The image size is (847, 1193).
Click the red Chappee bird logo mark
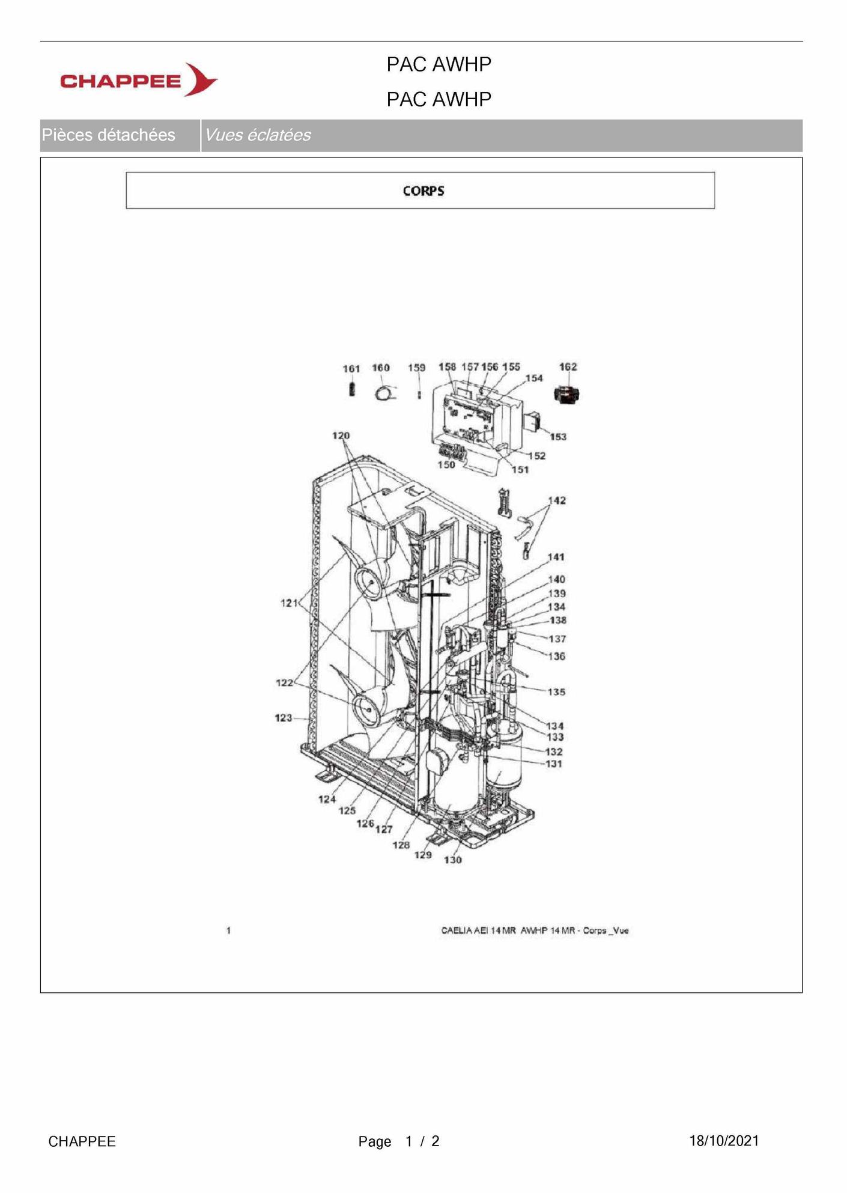point(201,79)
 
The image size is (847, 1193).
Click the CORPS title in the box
point(423,191)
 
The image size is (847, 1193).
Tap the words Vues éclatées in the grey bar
point(258,135)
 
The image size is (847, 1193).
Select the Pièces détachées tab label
point(108,135)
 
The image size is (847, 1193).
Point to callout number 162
point(568,366)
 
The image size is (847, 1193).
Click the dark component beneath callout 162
point(566,395)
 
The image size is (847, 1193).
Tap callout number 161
point(351,369)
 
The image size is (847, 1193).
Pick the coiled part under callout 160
point(383,393)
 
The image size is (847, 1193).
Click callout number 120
point(341,436)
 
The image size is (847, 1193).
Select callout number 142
point(556,500)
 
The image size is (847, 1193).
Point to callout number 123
point(284,718)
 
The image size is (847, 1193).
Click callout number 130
point(452,860)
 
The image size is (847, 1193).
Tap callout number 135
point(556,692)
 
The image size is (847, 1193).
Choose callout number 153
point(558,437)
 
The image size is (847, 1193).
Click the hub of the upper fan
point(371,583)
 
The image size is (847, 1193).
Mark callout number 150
point(446,465)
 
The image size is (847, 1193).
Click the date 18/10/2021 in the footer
point(724,1141)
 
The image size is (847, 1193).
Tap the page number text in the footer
point(399,1141)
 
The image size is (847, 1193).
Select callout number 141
point(556,557)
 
